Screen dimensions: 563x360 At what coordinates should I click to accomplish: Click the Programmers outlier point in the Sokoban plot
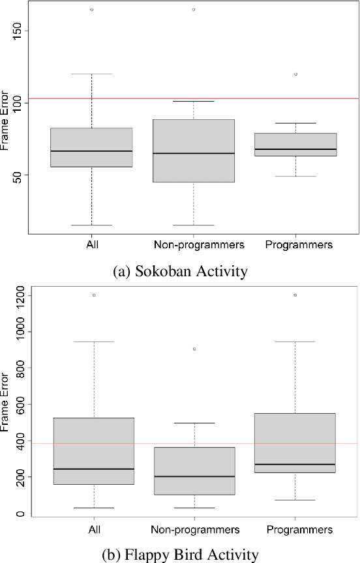click(295, 74)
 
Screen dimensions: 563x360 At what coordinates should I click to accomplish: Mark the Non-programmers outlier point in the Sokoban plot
click(194, 10)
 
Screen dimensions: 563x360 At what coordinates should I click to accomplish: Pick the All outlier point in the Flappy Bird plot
click(94, 295)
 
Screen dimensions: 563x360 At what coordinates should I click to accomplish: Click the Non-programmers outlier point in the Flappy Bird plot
click(194, 349)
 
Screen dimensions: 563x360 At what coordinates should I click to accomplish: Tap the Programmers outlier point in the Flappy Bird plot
click(295, 295)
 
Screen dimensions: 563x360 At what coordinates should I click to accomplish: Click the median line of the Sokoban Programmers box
click(295, 149)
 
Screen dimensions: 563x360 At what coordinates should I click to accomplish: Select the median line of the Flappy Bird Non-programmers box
click(194, 476)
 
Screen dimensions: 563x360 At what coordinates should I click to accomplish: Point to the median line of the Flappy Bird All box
click(94, 469)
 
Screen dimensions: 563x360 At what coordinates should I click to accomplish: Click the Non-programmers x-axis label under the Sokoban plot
click(199, 246)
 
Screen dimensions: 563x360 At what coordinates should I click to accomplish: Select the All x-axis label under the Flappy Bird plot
click(94, 529)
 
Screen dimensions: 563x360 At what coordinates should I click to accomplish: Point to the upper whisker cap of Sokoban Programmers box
click(295, 123)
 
